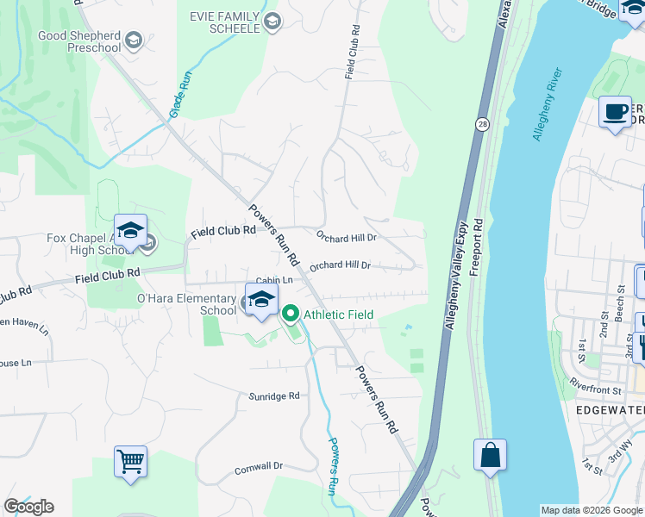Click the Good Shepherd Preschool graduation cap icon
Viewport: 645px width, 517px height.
click(x=133, y=40)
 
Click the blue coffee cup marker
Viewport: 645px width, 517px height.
click(x=615, y=113)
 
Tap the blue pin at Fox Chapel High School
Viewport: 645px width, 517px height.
click(x=130, y=231)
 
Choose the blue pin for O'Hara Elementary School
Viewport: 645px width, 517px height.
click(x=261, y=301)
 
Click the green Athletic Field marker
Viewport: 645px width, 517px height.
click(x=291, y=315)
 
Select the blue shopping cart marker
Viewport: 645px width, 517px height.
click(x=130, y=461)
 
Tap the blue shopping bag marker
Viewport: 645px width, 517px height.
click(x=490, y=456)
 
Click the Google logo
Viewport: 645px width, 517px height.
click(x=28, y=507)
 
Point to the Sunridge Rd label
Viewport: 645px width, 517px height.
click(x=276, y=396)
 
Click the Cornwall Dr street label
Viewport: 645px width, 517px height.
click(x=259, y=467)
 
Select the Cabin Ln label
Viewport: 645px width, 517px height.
click(x=275, y=281)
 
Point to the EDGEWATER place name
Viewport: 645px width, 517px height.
click(x=609, y=410)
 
